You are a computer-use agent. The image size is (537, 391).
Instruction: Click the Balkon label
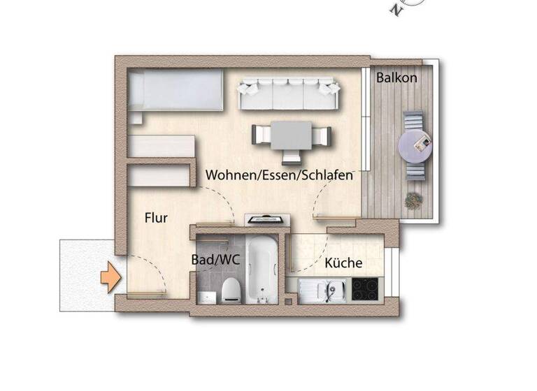click(x=396, y=78)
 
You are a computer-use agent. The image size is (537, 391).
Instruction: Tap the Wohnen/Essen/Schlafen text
click(x=278, y=175)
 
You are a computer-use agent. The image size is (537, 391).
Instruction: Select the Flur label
click(x=156, y=218)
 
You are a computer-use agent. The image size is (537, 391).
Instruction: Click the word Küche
click(x=343, y=263)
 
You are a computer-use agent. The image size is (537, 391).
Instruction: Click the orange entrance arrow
click(x=110, y=279)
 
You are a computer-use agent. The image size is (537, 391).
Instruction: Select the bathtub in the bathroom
click(x=259, y=268)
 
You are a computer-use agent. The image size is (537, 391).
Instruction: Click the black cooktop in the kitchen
click(x=365, y=289)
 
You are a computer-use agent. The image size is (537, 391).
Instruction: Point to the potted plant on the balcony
click(x=414, y=200)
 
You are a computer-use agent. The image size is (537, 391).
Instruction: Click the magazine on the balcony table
click(x=422, y=144)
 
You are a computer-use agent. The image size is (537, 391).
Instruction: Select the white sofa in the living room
click(x=289, y=94)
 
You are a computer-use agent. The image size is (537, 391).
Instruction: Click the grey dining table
click(x=290, y=134)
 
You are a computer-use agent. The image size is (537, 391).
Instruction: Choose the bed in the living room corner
click(x=176, y=91)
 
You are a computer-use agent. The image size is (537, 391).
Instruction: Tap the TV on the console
click(x=267, y=219)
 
